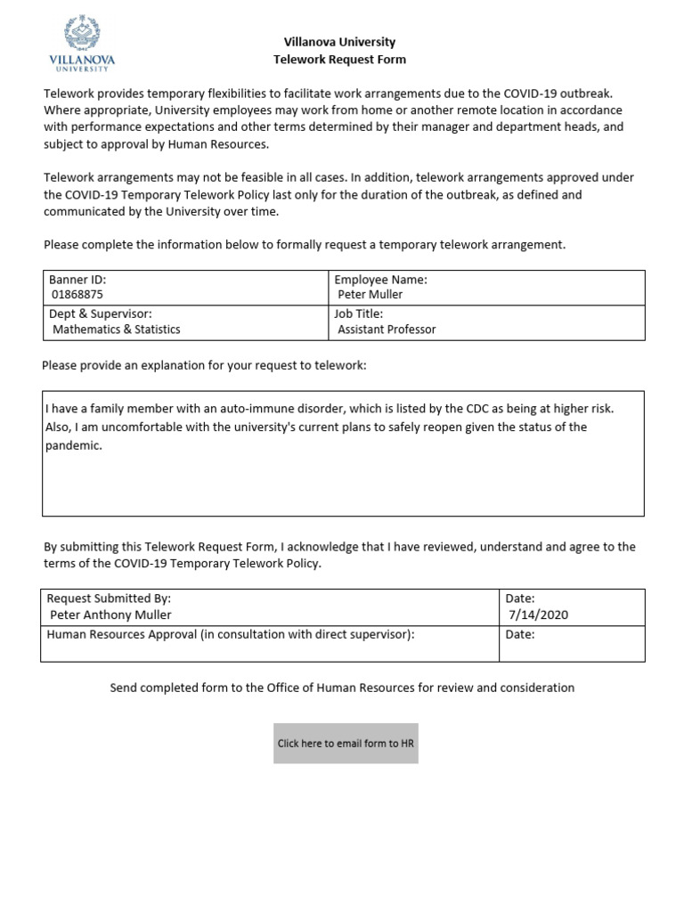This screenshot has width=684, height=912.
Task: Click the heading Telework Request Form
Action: pos(339,60)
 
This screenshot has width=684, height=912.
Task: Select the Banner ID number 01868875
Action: pos(77,294)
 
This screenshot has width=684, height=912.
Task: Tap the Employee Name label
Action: pos(380,280)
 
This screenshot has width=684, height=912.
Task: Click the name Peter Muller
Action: pos(370,294)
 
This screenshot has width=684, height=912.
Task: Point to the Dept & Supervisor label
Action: pos(100,314)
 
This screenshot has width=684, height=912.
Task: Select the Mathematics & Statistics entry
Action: pos(116,330)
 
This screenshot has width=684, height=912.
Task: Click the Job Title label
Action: pos(358,314)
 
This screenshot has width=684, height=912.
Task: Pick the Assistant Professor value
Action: pos(387,330)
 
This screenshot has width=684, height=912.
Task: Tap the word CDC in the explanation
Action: pos(477,409)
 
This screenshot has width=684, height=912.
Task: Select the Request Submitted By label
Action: pos(109,599)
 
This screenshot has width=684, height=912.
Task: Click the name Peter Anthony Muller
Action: pos(110,615)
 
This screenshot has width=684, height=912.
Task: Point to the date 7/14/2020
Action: pos(538,615)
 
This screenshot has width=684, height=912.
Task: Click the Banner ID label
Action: pos(77,280)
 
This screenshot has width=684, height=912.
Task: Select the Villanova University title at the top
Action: pos(339,42)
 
